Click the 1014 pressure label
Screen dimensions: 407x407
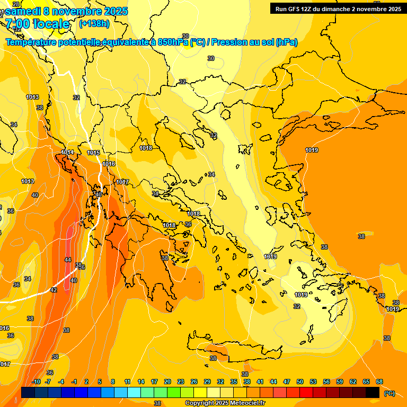67,152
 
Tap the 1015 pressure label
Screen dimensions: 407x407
93,153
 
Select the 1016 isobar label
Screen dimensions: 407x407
109,164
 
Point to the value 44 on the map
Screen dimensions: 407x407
67,260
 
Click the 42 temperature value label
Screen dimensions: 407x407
54,290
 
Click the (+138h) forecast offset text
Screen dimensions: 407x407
94,23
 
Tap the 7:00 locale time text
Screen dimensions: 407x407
38,24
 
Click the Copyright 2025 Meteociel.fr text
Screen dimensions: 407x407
225,403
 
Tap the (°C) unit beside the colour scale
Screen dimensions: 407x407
389,393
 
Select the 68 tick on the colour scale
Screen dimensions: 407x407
379,382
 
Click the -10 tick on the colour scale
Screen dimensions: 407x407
36,382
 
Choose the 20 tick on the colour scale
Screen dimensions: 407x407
167,382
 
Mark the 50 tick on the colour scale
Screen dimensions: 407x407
300,382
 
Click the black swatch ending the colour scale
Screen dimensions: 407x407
373,392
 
